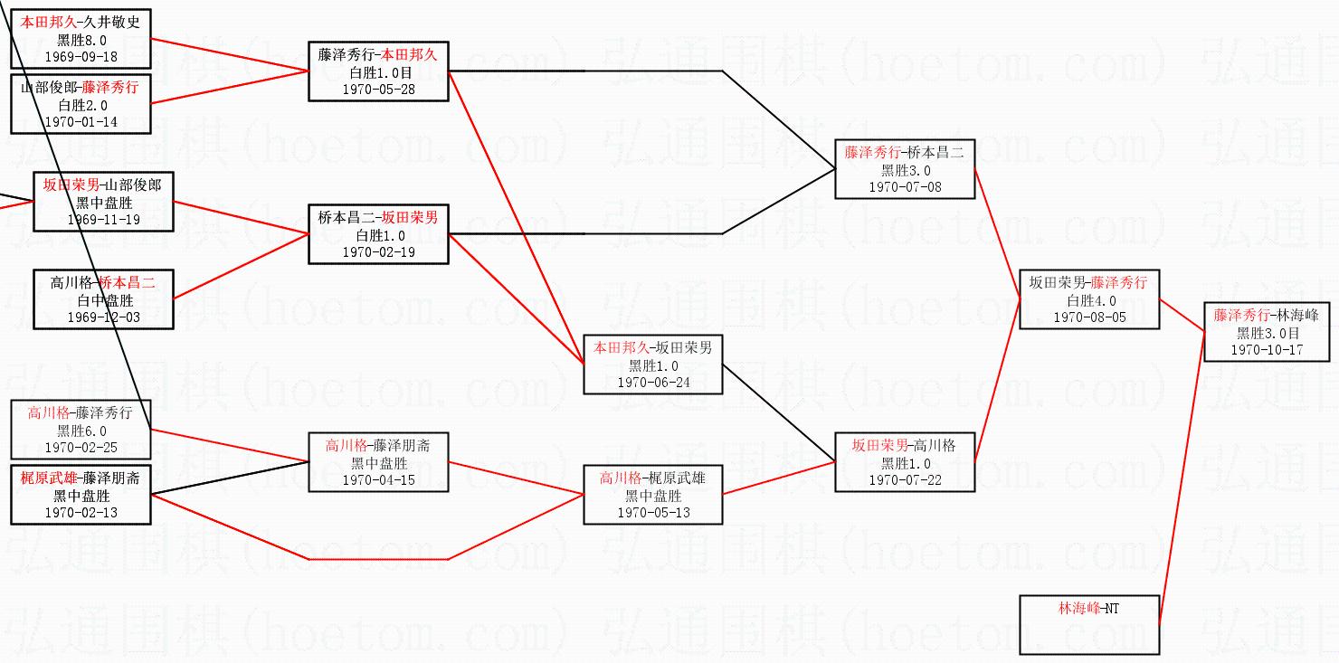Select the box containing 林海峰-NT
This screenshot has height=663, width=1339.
(1088, 624)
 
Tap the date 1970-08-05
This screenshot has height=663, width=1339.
(1089, 317)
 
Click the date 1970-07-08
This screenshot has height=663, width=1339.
(905, 186)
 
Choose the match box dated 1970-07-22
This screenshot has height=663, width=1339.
(905, 462)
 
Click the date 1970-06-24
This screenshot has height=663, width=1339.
(653, 382)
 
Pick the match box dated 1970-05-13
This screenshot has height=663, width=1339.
(653, 495)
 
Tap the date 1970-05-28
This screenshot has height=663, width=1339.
(378, 89)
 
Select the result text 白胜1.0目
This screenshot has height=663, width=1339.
(378, 72)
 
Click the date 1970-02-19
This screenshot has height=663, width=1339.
(378, 252)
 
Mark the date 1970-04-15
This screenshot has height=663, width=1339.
(378, 479)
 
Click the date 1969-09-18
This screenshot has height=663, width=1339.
(81, 56)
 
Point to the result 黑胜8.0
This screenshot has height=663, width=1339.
(81, 40)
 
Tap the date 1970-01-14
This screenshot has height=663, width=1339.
(81, 121)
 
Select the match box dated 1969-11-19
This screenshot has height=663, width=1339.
(103, 202)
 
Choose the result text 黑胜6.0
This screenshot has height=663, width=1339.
(81, 431)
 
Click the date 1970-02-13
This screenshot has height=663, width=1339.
(81, 512)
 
